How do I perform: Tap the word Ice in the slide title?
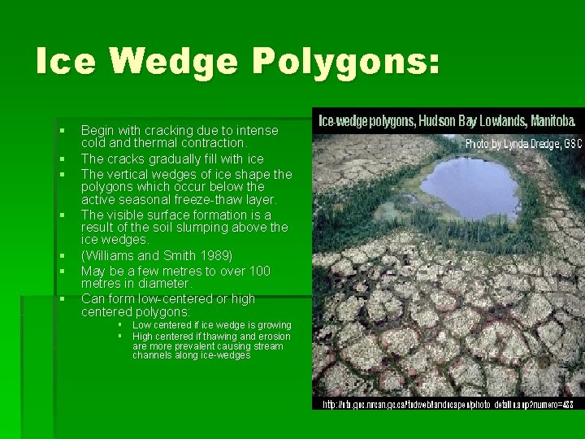click(66, 63)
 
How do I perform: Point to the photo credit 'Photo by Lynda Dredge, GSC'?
click(523, 143)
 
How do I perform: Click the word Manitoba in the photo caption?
click(552, 121)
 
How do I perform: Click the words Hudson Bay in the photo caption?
click(455, 121)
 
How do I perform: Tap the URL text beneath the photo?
click(448, 404)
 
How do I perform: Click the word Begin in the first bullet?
click(97, 130)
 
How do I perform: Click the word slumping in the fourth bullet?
click(218, 228)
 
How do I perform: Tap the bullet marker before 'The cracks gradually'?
click(61, 159)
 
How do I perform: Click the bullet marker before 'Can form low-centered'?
click(61, 299)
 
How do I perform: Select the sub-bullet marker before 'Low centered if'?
click(119, 325)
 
